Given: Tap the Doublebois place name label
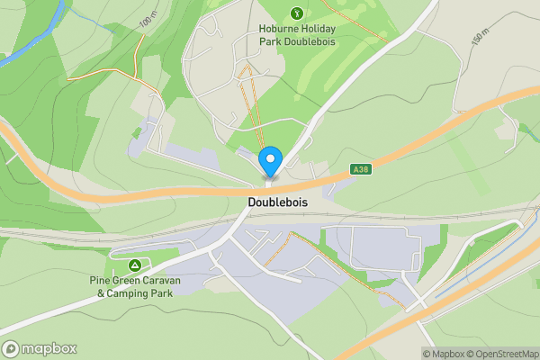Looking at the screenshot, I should [x=277, y=203].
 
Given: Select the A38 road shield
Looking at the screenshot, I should [x=360, y=168].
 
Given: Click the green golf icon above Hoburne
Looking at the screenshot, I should [x=296, y=13].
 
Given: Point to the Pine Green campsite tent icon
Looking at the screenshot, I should [x=134, y=265].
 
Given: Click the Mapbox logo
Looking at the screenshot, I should [x=39, y=348].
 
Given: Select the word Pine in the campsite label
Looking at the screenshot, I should [x=100, y=281].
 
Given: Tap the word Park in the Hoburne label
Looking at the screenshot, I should [x=271, y=40].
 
